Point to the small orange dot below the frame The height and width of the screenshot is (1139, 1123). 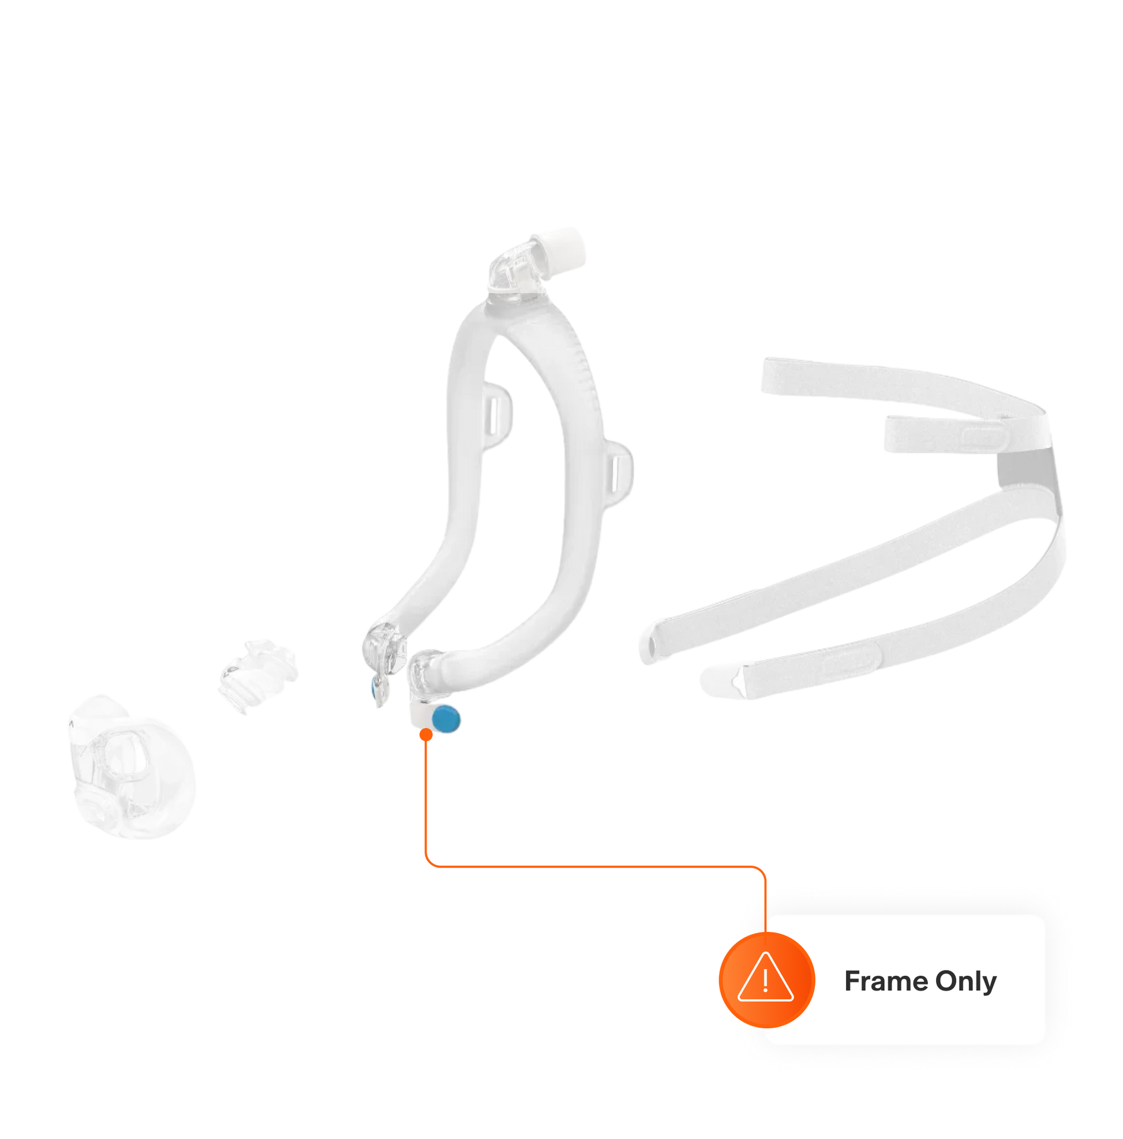426,735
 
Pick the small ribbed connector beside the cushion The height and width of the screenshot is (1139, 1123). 259,674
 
